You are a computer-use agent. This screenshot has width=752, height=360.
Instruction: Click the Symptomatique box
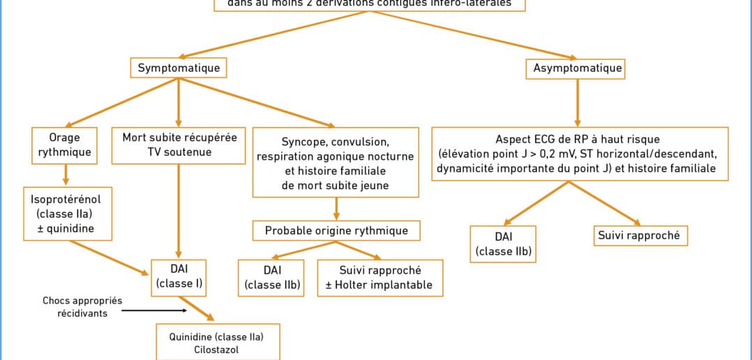pyautogui.click(x=179, y=68)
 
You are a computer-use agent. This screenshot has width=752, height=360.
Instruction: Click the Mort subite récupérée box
pyautogui.click(x=179, y=144)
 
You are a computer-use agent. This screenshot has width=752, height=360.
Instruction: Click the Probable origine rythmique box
pyautogui.click(x=336, y=230)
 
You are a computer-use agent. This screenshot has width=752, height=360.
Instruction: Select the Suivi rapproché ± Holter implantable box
pyautogui.click(x=379, y=278)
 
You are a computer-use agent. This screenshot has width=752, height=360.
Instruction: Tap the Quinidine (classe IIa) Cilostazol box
pyautogui.click(x=217, y=342)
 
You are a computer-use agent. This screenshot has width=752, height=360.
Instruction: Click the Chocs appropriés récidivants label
pyautogui.click(x=82, y=307)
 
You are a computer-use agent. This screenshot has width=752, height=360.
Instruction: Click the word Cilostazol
pyautogui.click(x=216, y=350)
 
